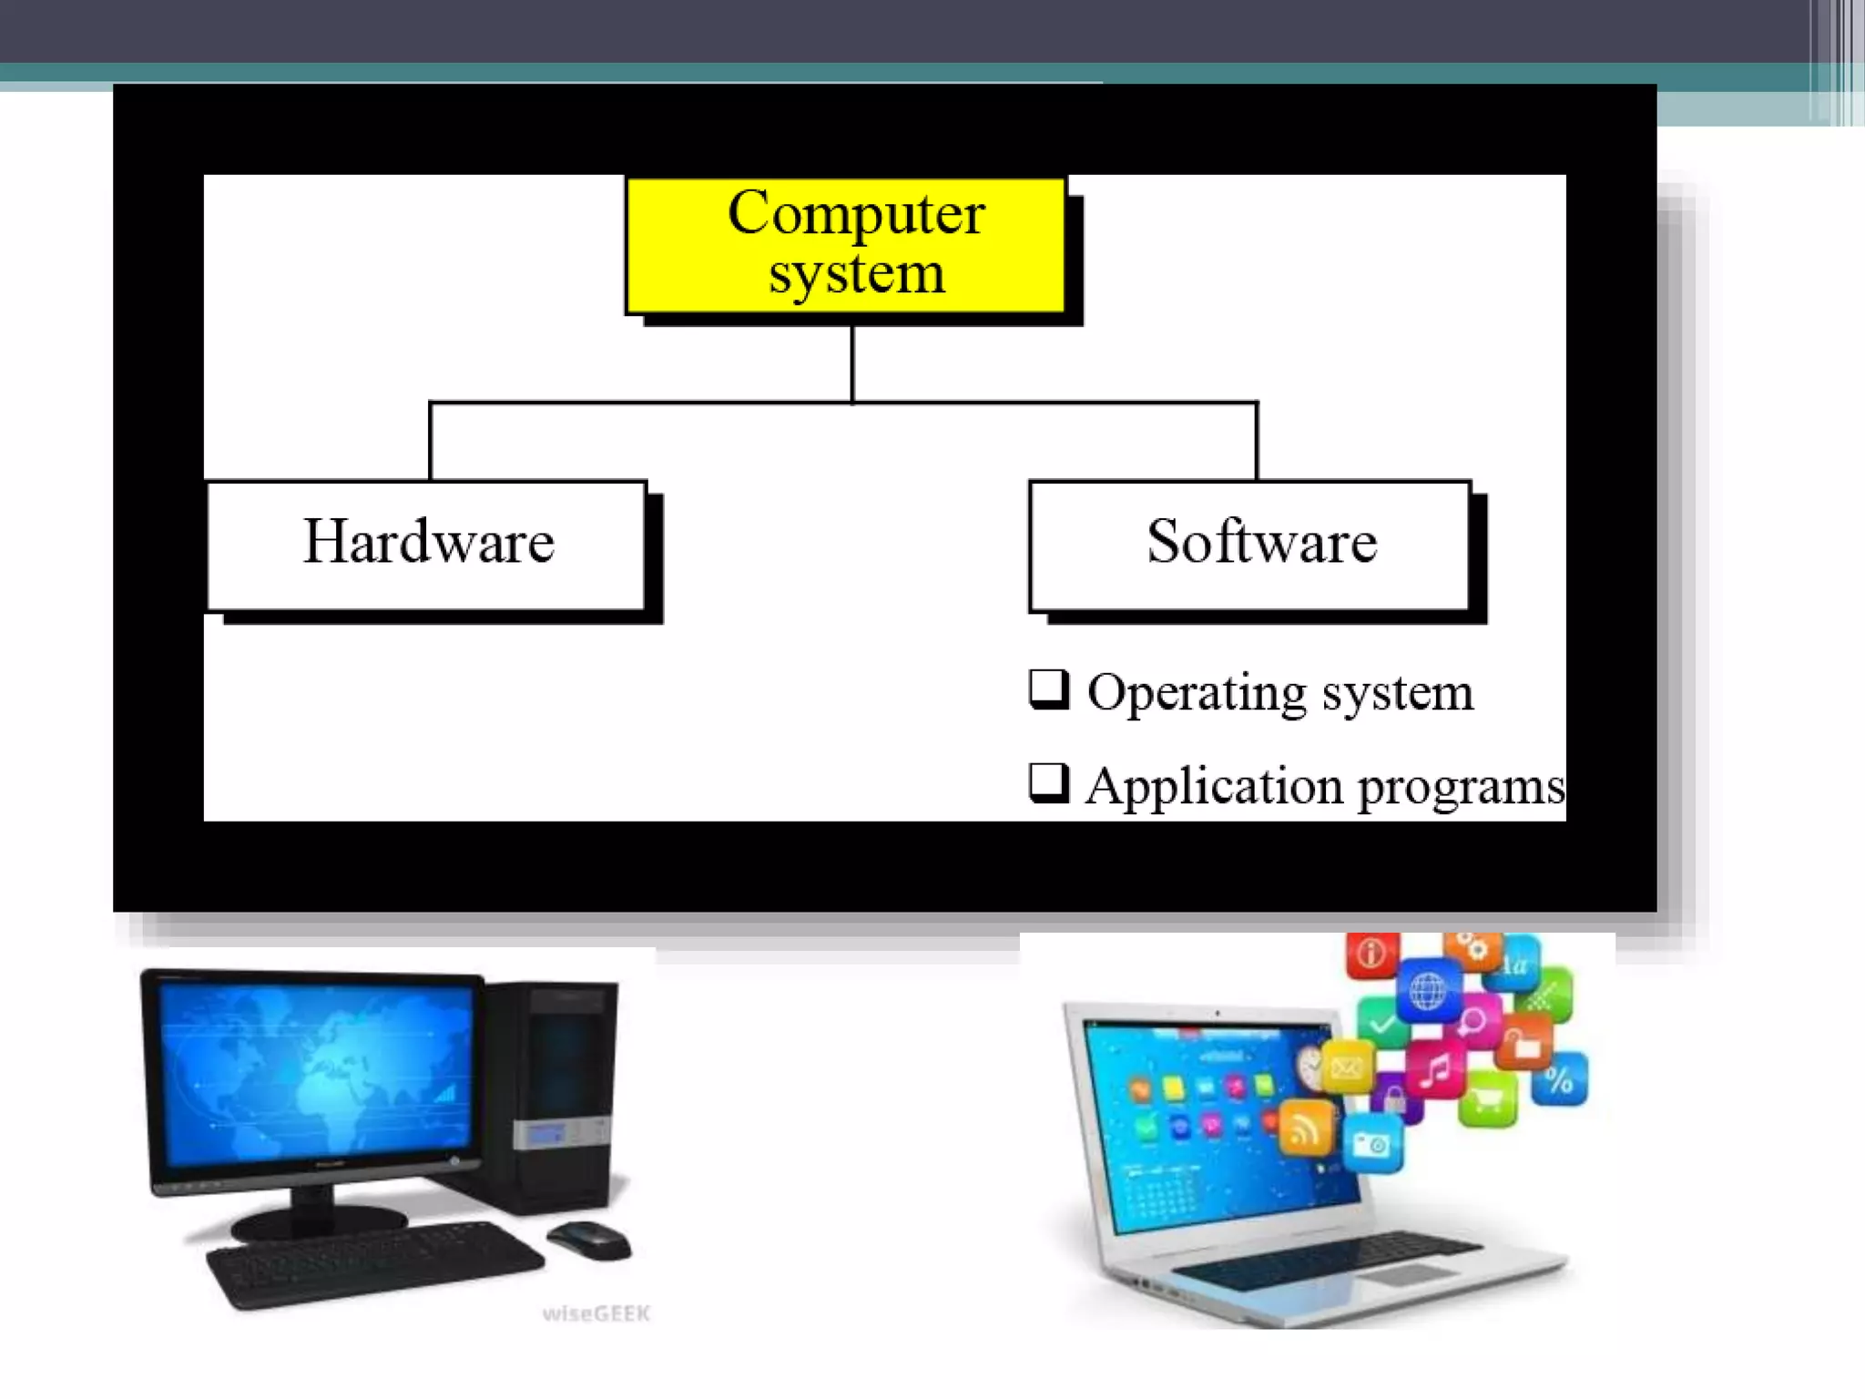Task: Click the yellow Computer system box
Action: tap(845, 244)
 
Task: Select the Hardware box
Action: tap(426, 545)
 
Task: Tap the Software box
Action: tap(1249, 545)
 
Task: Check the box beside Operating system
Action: tap(1048, 689)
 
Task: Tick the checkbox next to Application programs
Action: tap(1048, 782)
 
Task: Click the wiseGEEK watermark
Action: tap(596, 1313)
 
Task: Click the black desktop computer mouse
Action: tap(588, 1240)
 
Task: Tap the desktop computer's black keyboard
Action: tap(373, 1261)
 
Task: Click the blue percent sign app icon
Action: tap(1559, 1080)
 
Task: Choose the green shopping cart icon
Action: tap(1487, 1099)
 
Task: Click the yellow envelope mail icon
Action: tap(1347, 1067)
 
